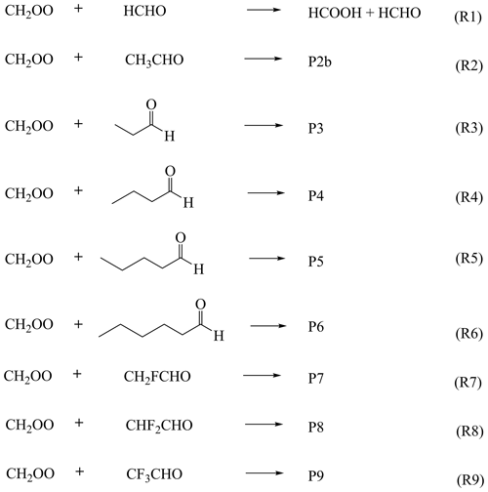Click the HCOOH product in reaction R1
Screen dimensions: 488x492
(335, 13)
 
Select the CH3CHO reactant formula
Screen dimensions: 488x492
(154, 61)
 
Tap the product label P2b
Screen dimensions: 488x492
(320, 61)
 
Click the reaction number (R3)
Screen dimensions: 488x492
(468, 128)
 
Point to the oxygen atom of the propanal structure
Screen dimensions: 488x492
(151, 104)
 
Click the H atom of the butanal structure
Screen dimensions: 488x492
(188, 202)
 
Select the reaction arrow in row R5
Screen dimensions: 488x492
(266, 259)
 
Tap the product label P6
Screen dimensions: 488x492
(316, 326)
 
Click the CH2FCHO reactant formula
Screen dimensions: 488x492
(157, 377)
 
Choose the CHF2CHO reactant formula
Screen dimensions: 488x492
(159, 426)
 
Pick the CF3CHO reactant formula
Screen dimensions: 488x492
(154, 474)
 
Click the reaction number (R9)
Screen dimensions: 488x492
(470, 480)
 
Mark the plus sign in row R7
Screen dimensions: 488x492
(77, 374)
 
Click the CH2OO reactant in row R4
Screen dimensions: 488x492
(29, 194)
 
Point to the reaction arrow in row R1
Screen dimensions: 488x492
(264, 10)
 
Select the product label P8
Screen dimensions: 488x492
(316, 427)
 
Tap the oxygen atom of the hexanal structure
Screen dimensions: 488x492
(200, 305)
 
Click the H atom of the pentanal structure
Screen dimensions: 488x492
(199, 269)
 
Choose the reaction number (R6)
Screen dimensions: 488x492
(468, 334)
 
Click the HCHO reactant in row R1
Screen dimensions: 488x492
(144, 11)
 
